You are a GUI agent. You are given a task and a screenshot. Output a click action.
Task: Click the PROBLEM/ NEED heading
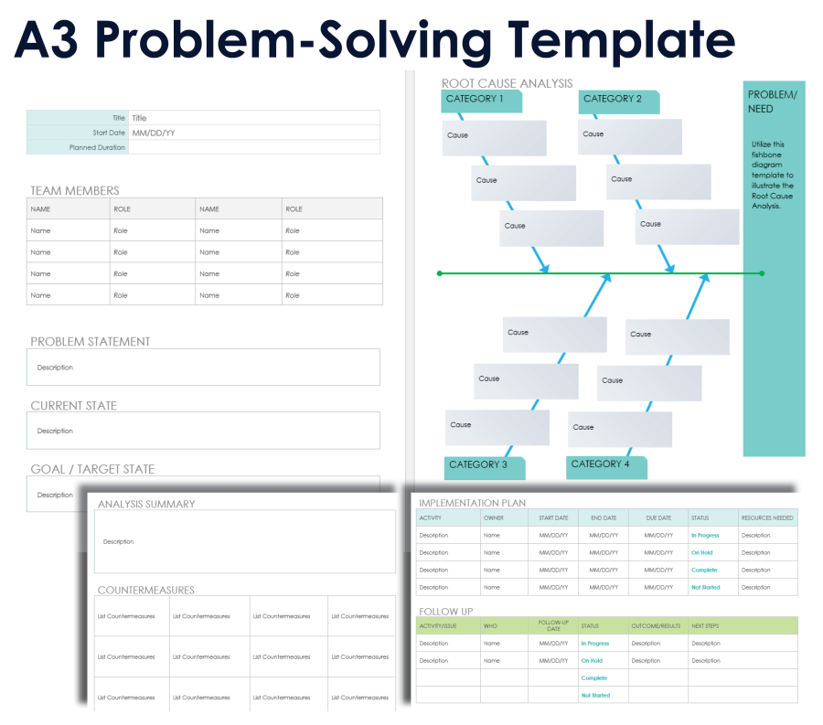point(773,101)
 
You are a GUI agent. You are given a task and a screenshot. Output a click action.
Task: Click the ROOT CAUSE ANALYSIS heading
point(507,83)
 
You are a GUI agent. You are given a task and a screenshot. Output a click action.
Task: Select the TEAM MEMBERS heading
point(75,191)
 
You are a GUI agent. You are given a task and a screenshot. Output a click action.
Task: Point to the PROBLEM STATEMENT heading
point(91,341)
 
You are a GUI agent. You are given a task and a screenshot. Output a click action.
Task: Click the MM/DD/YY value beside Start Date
point(154,133)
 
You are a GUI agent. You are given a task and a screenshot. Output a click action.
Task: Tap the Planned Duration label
point(96,147)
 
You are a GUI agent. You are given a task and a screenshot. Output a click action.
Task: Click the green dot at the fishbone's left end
point(440,272)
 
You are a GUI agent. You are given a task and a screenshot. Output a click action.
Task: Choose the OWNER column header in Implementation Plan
point(494,518)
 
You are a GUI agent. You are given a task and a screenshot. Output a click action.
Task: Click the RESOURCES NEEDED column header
point(767,518)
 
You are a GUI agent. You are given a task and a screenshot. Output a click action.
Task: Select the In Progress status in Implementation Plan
point(705,536)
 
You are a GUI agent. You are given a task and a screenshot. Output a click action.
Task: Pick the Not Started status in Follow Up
point(595,696)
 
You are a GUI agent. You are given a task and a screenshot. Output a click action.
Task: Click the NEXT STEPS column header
point(707,626)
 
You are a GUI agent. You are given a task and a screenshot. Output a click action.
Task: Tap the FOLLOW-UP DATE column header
point(553,625)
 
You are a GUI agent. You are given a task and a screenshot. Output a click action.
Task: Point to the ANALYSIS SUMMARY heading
point(146,504)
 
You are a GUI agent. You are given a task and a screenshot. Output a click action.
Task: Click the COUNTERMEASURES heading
point(146,590)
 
